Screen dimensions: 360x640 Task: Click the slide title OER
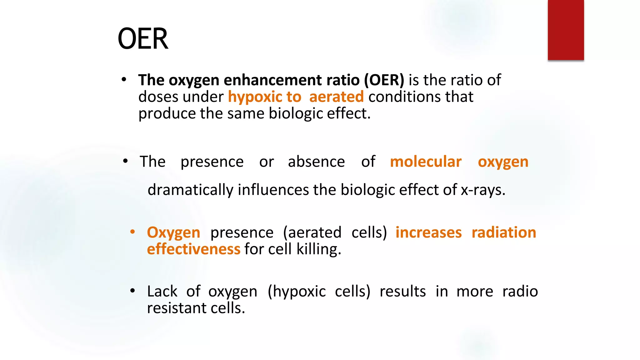[x=143, y=39]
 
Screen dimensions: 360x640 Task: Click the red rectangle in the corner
[x=566, y=30]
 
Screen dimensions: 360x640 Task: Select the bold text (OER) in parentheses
[x=384, y=80]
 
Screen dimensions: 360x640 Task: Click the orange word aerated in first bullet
[x=336, y=97]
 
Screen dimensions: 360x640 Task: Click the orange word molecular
[x=426, y=162]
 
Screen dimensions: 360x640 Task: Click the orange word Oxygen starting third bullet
[x=173, y=233]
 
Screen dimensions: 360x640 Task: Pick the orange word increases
[x=428, y=233]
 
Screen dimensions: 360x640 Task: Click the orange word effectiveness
[x=193, y=249]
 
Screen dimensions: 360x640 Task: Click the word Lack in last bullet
[x=162, y=292]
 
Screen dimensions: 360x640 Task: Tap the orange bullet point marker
[x=132, y=232]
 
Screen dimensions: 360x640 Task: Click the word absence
[x=316, y=162]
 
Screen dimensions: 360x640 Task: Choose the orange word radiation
[x=504, y=233]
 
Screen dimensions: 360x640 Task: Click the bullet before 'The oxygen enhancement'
[x=124, y=80]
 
